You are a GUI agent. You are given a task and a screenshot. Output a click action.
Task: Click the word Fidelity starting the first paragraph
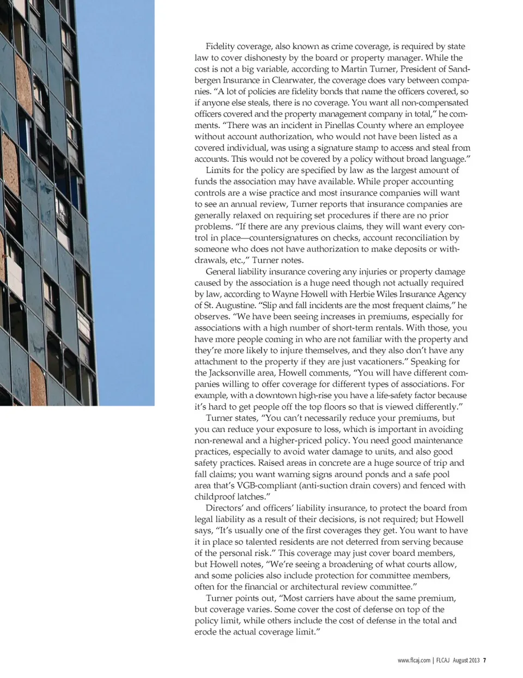[220, 46]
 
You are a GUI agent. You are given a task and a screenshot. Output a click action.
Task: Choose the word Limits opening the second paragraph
[218, 170]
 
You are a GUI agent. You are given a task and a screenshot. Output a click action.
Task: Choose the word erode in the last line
[205, 632]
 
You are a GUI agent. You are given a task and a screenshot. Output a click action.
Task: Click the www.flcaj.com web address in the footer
[414, 661]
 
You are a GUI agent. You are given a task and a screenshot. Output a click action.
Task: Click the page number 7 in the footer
[484, 661]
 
